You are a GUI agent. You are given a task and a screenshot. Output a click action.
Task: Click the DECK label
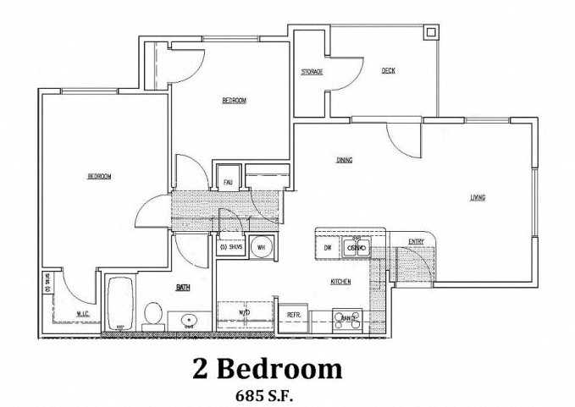[389, 71]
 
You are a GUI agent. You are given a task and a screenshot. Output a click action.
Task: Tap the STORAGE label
[312, 72]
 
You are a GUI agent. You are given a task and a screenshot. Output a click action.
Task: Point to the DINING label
[344, 160]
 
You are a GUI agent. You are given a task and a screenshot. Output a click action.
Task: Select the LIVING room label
[478, 199]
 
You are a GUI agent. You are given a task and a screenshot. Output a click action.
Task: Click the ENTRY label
[416, 242]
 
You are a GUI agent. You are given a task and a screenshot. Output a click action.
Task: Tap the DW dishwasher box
[328, 248]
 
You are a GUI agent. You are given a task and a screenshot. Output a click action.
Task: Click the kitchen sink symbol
[357, 248]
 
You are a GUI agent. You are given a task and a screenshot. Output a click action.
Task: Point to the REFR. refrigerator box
[296, 316]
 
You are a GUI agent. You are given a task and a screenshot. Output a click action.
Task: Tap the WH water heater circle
[262, 248]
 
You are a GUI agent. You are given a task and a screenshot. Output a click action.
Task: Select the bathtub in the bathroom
[119, 305]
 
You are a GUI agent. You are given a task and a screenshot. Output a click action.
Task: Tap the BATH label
[183, 288]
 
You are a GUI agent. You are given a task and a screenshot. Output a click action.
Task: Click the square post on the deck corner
[429, 33]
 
